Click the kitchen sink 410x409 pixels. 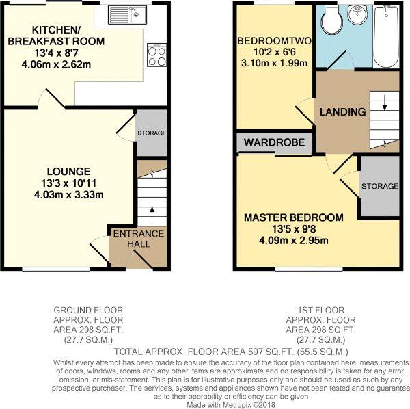(129, 13)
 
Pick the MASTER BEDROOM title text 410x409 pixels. (294, 218)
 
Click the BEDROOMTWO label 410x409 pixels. (274, 42)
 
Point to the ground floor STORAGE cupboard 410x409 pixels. (151, 132)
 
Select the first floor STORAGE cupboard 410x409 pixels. (379, 186)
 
